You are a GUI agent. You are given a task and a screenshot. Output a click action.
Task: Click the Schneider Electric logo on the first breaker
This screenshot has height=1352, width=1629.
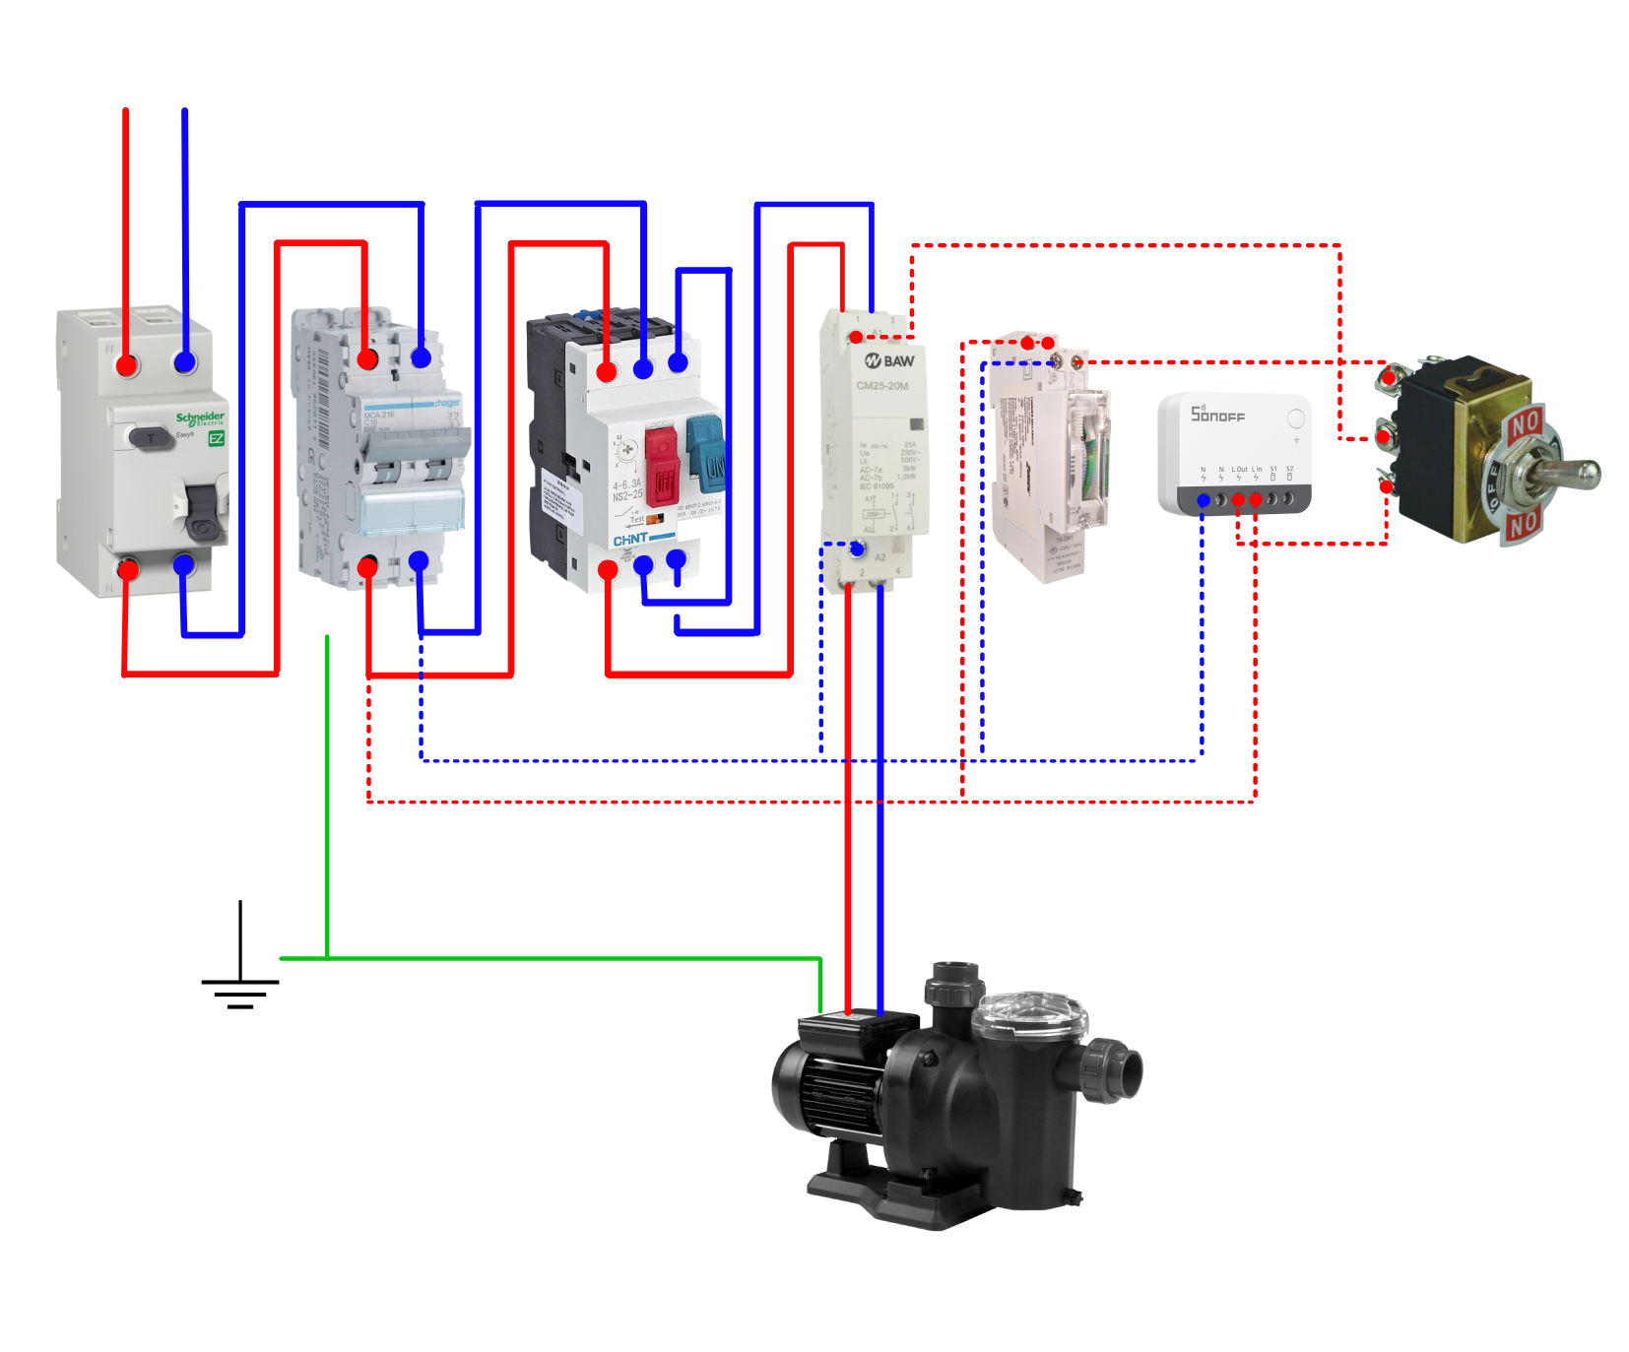pos(200,418)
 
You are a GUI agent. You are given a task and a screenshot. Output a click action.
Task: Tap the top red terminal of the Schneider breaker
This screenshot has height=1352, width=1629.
pos(127,365)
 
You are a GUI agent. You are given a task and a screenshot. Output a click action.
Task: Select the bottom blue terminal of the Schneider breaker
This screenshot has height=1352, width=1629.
pos(184,565)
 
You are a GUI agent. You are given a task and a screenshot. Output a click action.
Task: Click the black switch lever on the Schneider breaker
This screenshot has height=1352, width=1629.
pos(202,511)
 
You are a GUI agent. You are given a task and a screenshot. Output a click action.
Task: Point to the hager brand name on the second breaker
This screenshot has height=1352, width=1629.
pos(446,403)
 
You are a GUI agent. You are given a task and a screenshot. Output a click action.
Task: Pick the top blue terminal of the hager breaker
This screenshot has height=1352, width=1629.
pos(422,358)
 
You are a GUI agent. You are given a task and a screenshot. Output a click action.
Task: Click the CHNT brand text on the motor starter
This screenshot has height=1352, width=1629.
pos(631,540)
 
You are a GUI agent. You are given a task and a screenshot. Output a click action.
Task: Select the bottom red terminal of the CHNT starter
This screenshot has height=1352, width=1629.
pos(608,570)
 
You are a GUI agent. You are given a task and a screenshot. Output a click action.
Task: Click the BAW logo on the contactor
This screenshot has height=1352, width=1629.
pos(889,361)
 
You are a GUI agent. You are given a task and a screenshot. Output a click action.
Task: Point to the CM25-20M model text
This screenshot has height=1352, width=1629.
pos(882,386)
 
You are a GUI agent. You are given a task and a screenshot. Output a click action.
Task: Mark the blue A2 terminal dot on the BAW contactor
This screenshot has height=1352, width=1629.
pos(857,547)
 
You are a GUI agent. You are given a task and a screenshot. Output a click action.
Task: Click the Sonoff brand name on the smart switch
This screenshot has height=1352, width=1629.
pos(1218,415)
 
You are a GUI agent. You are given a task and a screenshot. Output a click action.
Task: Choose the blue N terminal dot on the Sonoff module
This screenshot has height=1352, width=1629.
pos(1204,501)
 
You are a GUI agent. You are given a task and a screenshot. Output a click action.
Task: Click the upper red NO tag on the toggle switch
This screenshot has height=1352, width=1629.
pos(1524,424)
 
